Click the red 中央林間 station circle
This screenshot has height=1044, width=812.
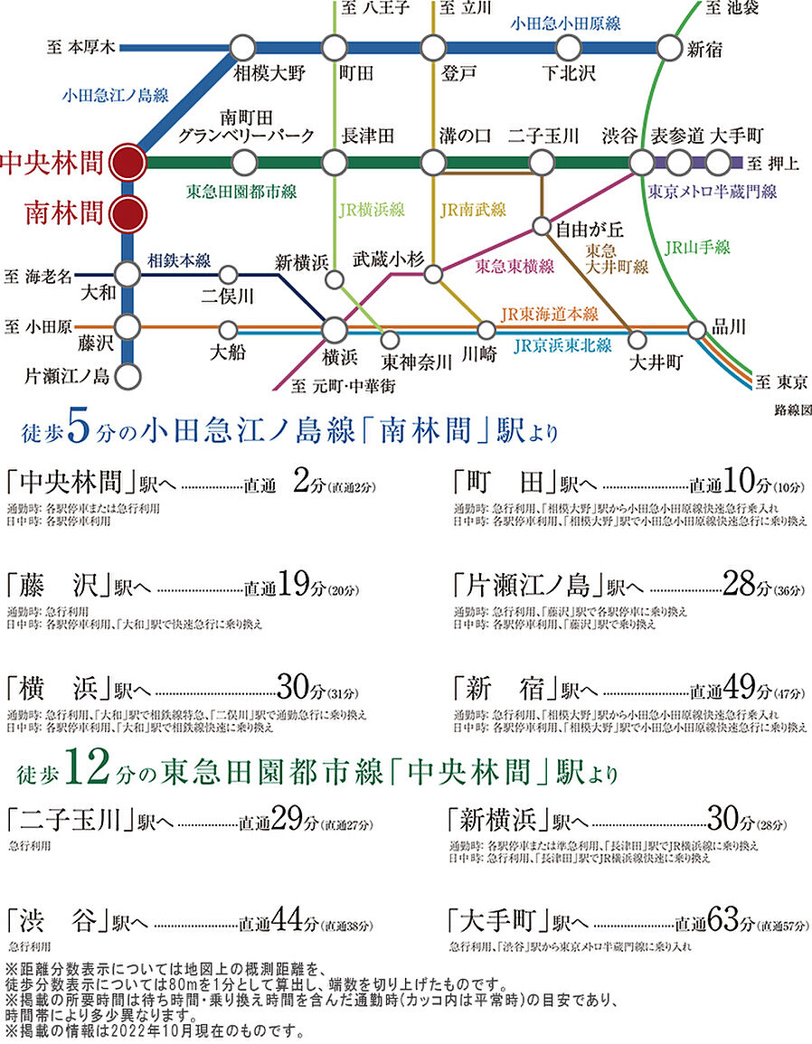point(127,164)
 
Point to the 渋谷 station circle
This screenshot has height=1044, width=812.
point(641,163)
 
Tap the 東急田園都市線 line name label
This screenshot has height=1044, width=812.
point(241,192)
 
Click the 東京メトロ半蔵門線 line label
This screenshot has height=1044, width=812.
point(713,192)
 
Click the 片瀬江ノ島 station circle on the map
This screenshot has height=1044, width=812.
point(127,375)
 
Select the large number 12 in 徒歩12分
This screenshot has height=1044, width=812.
point(88,773)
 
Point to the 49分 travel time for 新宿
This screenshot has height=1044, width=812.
point(741,689)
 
